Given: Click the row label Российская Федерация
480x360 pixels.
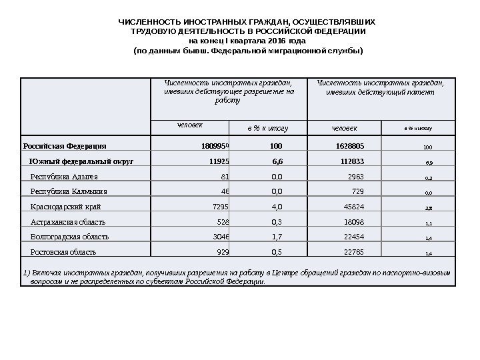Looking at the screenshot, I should coord(64,145).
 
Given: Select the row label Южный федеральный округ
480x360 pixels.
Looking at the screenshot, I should coord(81,161).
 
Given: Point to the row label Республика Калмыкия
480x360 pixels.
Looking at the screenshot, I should coord(69,191).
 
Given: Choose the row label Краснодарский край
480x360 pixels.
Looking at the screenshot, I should coord(69,207).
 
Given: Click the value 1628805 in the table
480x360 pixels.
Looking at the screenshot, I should coord(349,145).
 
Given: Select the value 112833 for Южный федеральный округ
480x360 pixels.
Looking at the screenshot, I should coord(351,161).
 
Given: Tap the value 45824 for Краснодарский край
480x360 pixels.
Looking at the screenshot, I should coord(353,207).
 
